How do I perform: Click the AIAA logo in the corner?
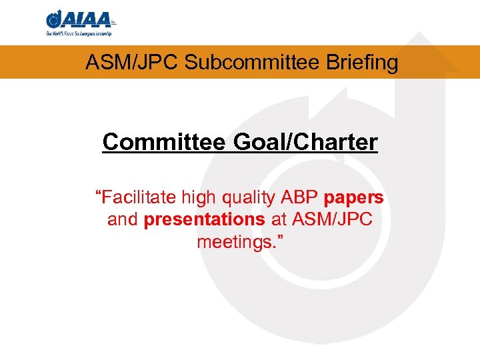(79, 19)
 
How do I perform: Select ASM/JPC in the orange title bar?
(132, 63)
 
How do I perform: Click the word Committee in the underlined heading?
(163, 142)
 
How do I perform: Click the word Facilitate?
(135, 198)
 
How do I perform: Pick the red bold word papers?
(353, 198)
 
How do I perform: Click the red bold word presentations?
(204, 219)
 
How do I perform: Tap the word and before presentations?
(122, 219)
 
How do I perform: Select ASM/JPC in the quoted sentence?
(331, 219)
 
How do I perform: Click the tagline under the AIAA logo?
(79, 33)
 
